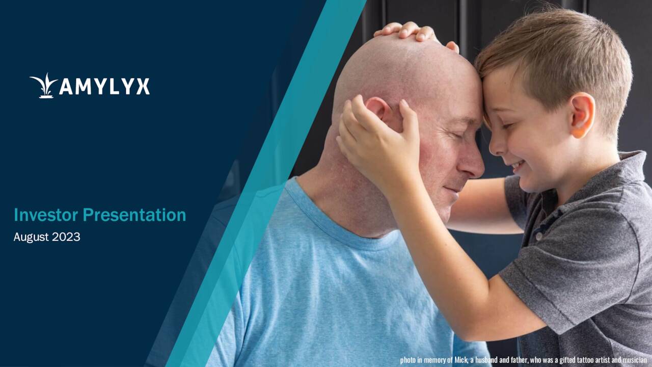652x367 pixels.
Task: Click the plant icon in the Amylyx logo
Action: (44, 86)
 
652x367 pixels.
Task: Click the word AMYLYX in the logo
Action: (104, 86)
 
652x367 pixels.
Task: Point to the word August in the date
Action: (31, 237)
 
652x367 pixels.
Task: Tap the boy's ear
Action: (582, 114)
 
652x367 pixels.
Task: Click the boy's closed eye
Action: (504, 125)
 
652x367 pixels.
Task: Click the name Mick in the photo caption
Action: (460, 360)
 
